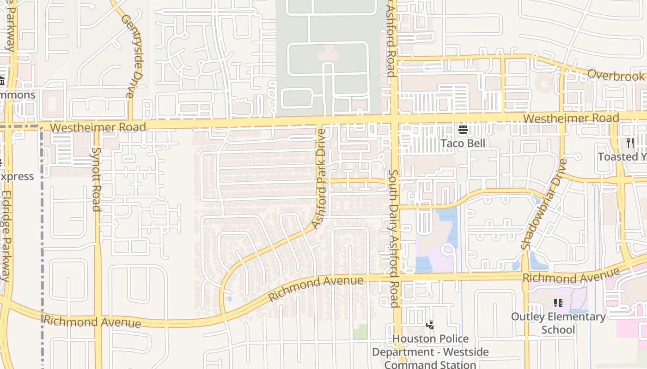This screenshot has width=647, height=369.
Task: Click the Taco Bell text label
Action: pos(463,143)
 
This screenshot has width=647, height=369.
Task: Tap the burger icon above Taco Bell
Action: pos(463,130)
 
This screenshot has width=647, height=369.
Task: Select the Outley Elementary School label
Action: pos(558,323)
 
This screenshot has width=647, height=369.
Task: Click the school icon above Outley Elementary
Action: pos(558,303)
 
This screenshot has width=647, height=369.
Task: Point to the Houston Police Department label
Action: pos(430,351)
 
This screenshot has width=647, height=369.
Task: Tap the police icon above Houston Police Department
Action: pos(430,325)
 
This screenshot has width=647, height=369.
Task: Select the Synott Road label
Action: pos(96,179)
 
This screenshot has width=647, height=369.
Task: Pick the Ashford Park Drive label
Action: pos(319,179)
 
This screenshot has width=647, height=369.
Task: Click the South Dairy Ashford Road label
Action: pos(393,238)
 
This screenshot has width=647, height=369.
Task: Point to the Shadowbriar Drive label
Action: pos(543,204)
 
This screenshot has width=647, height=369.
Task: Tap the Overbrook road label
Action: pos(616,76)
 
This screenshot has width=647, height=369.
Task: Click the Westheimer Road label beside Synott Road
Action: pos(98,127)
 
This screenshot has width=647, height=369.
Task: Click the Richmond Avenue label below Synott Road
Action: pos(92,321)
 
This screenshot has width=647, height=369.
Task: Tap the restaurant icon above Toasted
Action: pos(629,143)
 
